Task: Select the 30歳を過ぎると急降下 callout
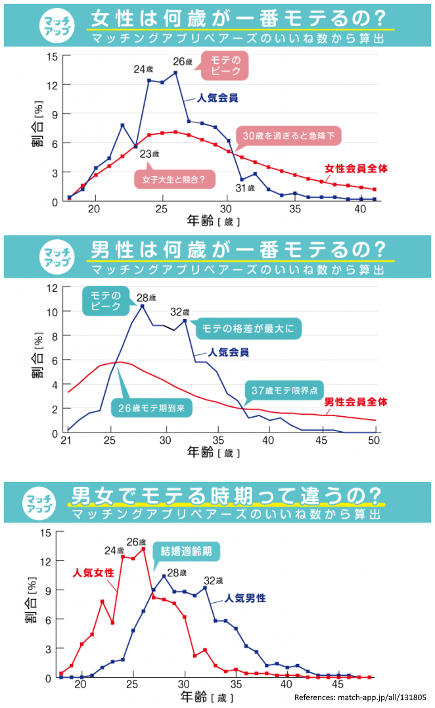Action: [x=288, y=135]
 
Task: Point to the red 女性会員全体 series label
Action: [x=355, y=169]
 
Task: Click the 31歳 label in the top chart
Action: [x=245, y=188]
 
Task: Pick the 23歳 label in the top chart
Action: [x=150, y=154]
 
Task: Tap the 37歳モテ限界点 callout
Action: [x=285, y=390]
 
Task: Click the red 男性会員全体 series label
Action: [x=356, y=401]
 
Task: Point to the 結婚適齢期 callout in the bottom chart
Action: [x=187, y=551]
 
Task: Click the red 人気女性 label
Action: [x=93, y=572]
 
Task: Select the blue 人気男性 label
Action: [x=244, y=598]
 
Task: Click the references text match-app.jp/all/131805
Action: [x=360, y=697]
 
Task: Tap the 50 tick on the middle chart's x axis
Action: [x=374, y=440]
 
